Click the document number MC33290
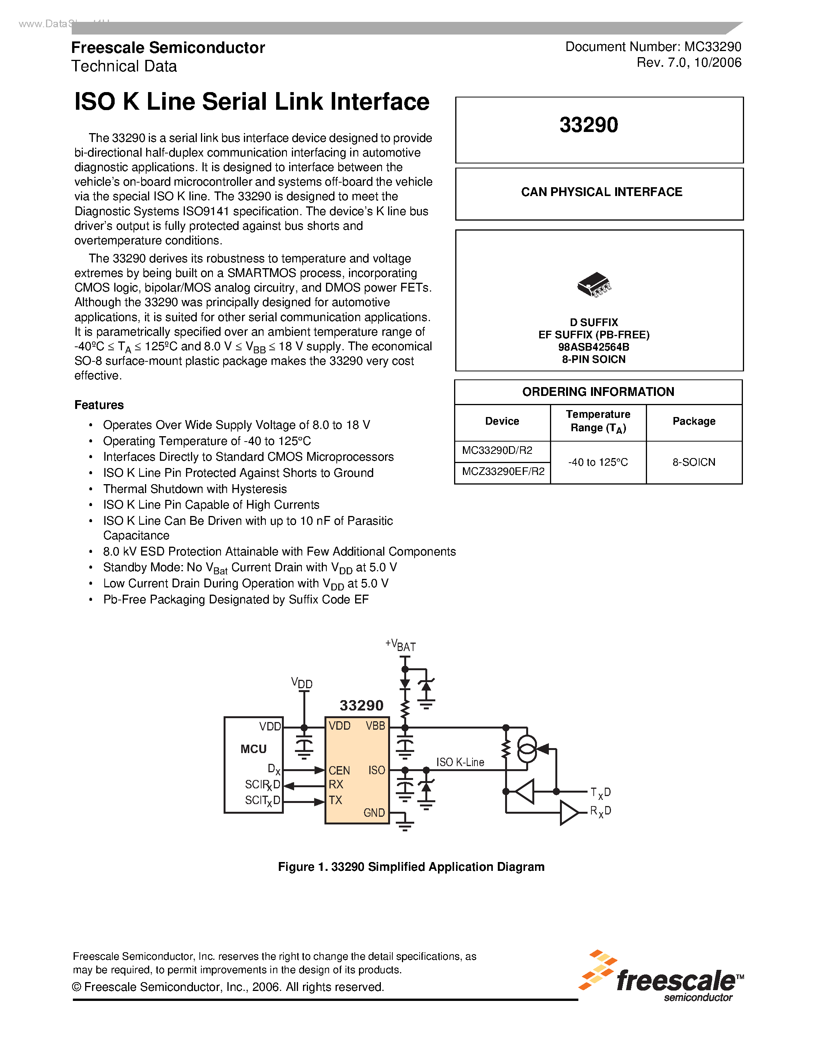click(712, 47)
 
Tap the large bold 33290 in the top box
click(589, 125)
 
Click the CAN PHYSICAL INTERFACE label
click(601, 192)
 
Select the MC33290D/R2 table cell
click(497, 451)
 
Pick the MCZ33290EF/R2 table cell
click(503, 471)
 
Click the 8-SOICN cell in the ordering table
click(693, 462)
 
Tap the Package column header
click(693, 421)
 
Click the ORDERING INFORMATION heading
click(598, 392)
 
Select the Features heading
click(99, 405)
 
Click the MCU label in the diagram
click(254, 749)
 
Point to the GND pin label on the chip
click(374, 813)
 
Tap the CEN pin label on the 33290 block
click(339, 770)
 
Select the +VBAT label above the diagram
click(401, 645)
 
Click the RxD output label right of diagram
click(600, 811)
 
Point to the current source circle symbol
click(527, 749)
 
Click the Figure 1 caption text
click(411, 867)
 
